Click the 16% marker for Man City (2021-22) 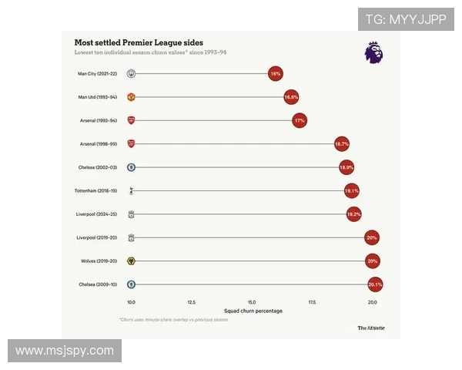[275, 74]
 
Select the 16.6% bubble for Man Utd [290, 98]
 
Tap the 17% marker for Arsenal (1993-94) [300, 121]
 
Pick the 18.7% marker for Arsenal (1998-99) [342, 144]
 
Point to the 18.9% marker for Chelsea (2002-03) [346, 167]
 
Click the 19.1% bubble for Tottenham [352, 190]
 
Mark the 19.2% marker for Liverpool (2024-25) [353, 214]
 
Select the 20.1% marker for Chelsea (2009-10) [375, 284]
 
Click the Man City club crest [132, 74]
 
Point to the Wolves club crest [132, 261]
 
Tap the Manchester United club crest [132, 98]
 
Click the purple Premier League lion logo [373, 52]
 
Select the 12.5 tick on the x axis [192, 302]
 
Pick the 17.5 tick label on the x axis [313, 302]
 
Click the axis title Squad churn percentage [252, 311]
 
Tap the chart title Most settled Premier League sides [139, 42]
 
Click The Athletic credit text [370, 328]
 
